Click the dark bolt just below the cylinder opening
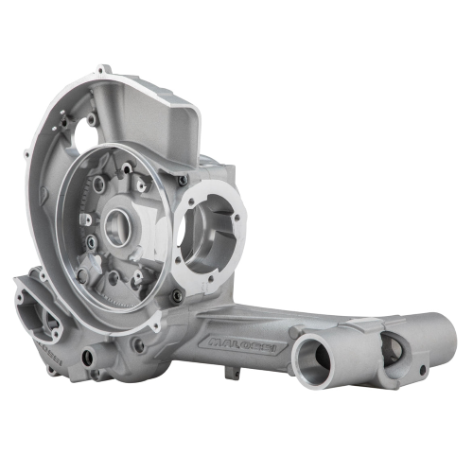point(175,296)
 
